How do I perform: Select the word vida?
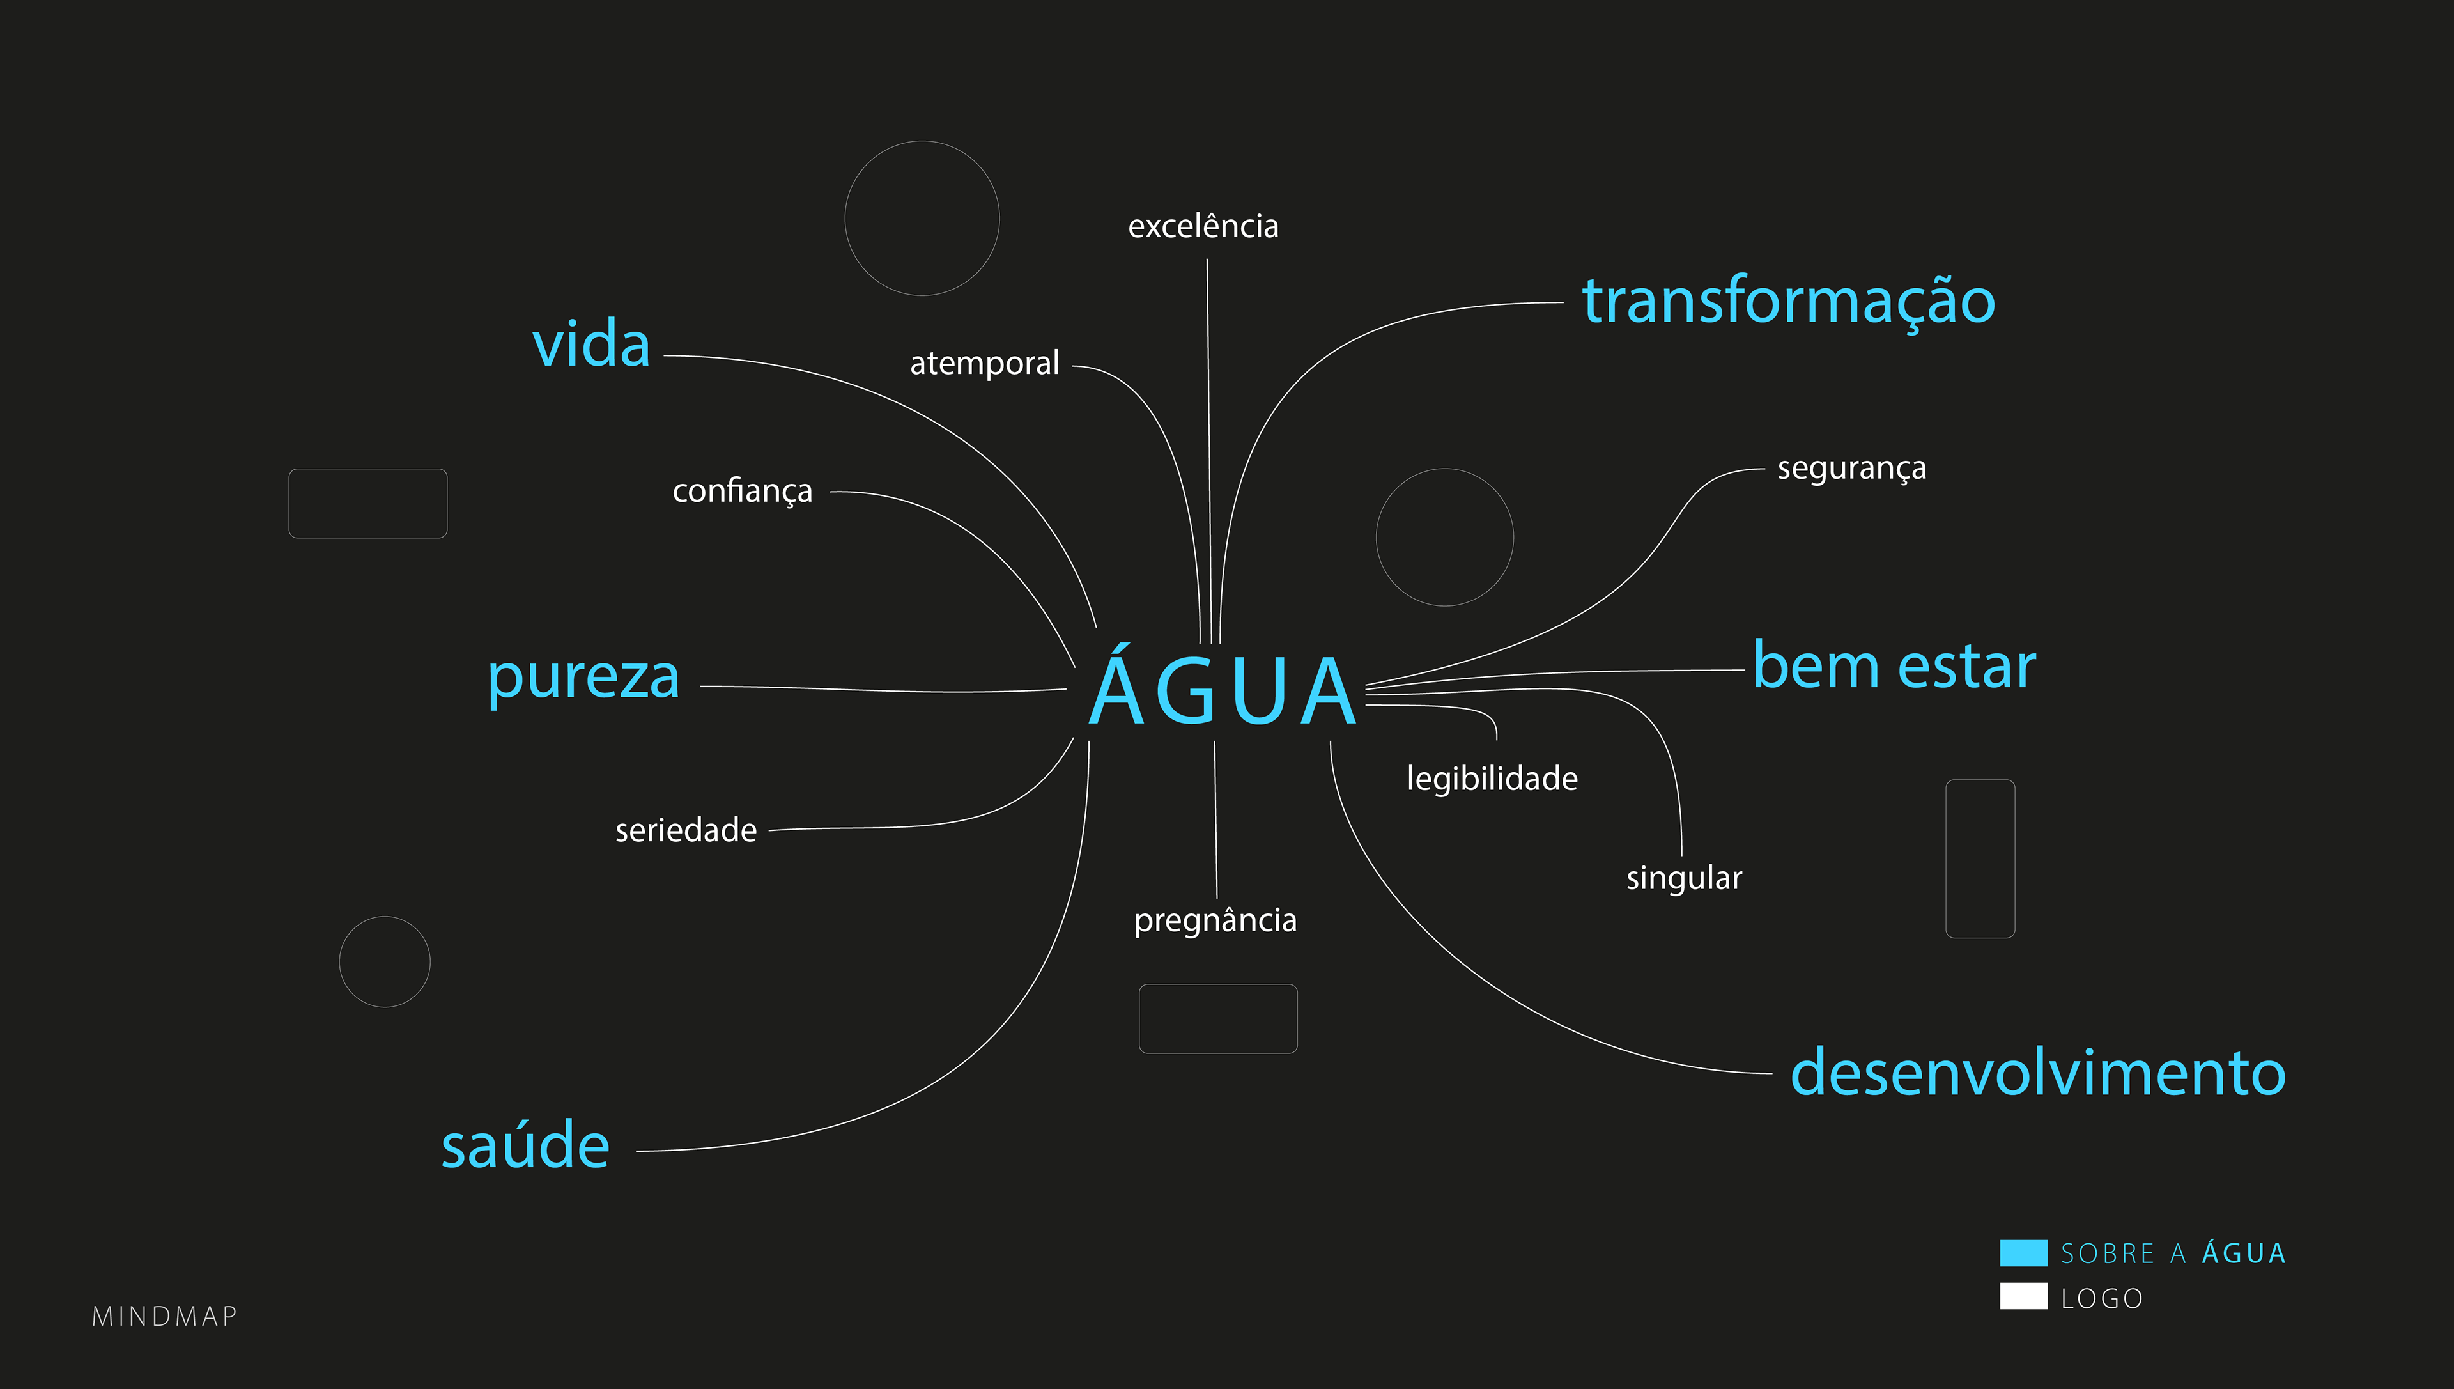click(x=591, y=345)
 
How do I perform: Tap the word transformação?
click(x=1788, y=302)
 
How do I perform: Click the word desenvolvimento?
click(x=2038, y=1073)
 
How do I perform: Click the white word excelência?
click(x=1203, y=227)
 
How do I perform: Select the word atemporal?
click(x=984, y=364)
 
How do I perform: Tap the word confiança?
click(x=742, y=492)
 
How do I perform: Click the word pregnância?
click(x=1215, y=920)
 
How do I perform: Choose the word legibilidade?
click(x=1492, y=779)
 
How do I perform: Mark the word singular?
click(x=1683, y=878)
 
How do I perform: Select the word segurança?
click(x=1851, y=469)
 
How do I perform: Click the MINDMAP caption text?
click(x=165, y=1317)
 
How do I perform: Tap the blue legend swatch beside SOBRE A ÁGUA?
click(x=2023, y=1253)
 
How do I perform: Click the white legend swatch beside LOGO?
click(x=2023, y=1296)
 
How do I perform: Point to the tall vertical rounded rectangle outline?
click(x=1980, y=858)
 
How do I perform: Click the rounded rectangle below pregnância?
click(x=1218, y=1019)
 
